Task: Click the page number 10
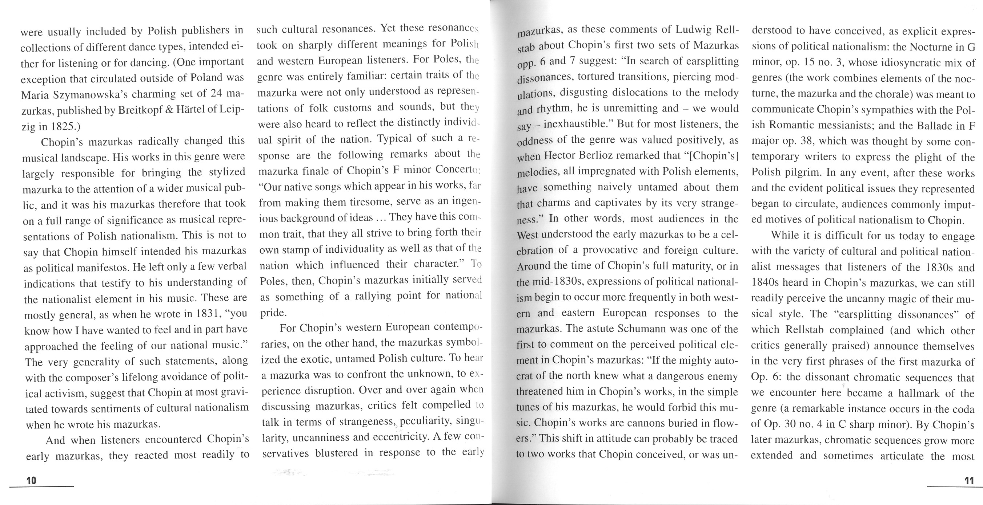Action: coord(31,480)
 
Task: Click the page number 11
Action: coord(969,481)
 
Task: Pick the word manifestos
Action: coord(101,268)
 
